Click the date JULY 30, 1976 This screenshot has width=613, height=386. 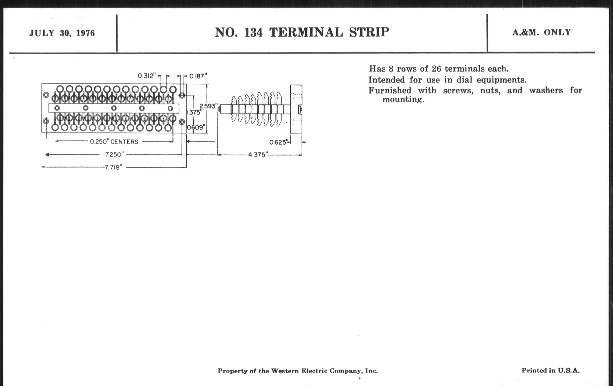(x=62, y=33)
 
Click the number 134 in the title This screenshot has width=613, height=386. (x=253, y=33)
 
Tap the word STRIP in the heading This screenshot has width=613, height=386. (x=369, y=32)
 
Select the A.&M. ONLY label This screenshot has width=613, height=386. (x=541, y=32)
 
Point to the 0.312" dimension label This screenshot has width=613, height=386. (x=147, y=76)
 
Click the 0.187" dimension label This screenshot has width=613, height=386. (x=198, y=76)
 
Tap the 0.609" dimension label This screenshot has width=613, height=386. (x=196, y=127)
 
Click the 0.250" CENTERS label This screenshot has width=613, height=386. (x=114, y=142)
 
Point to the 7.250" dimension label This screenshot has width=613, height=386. (x=114, y=154)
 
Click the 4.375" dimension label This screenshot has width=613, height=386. (x=258, y=155)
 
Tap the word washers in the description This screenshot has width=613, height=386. (x=546, y=91)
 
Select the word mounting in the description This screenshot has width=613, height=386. (x=403, y=99)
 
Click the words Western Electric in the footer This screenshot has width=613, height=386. (x=299, y=371)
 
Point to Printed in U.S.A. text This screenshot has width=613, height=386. (x=550, y=370)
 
